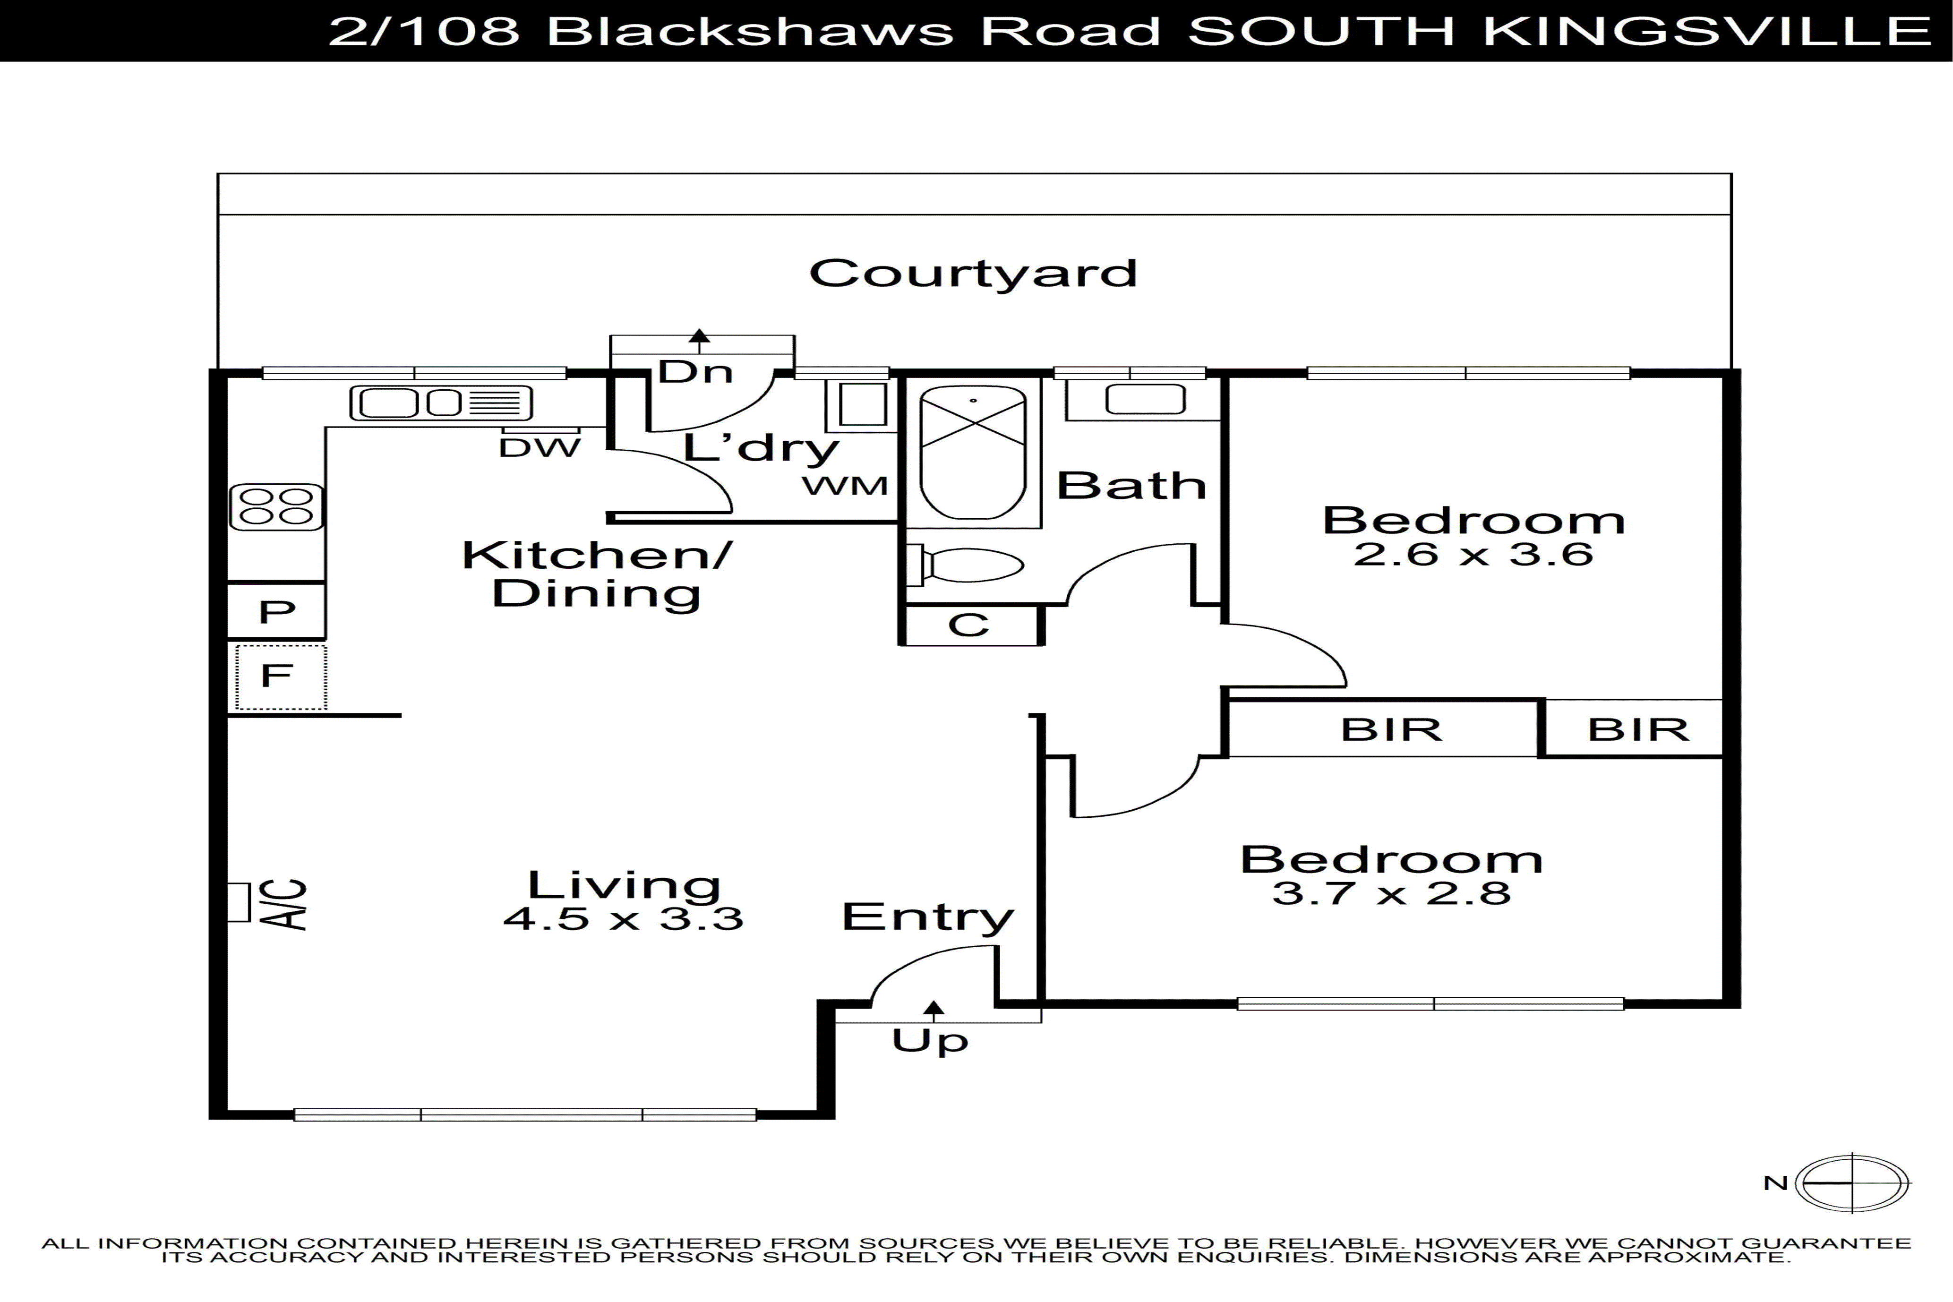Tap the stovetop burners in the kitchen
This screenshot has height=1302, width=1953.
click(x=276, y=506)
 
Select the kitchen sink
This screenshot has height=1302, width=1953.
click(x=440, y=403)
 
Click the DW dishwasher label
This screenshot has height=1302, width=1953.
click(x=539, y=448)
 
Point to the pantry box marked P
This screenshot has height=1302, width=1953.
click(x=276, y=612)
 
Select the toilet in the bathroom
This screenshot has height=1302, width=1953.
click(x=968, y=565)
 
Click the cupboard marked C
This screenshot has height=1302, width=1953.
click(x=969, y=625)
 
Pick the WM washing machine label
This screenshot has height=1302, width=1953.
click(x=845, y=486)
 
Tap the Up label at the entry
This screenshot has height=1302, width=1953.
click(x=930, y=1040)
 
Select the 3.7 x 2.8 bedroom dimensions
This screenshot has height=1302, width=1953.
click(x=1391, y=893)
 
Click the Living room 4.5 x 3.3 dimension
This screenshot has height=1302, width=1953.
click(x=623, y=918)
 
